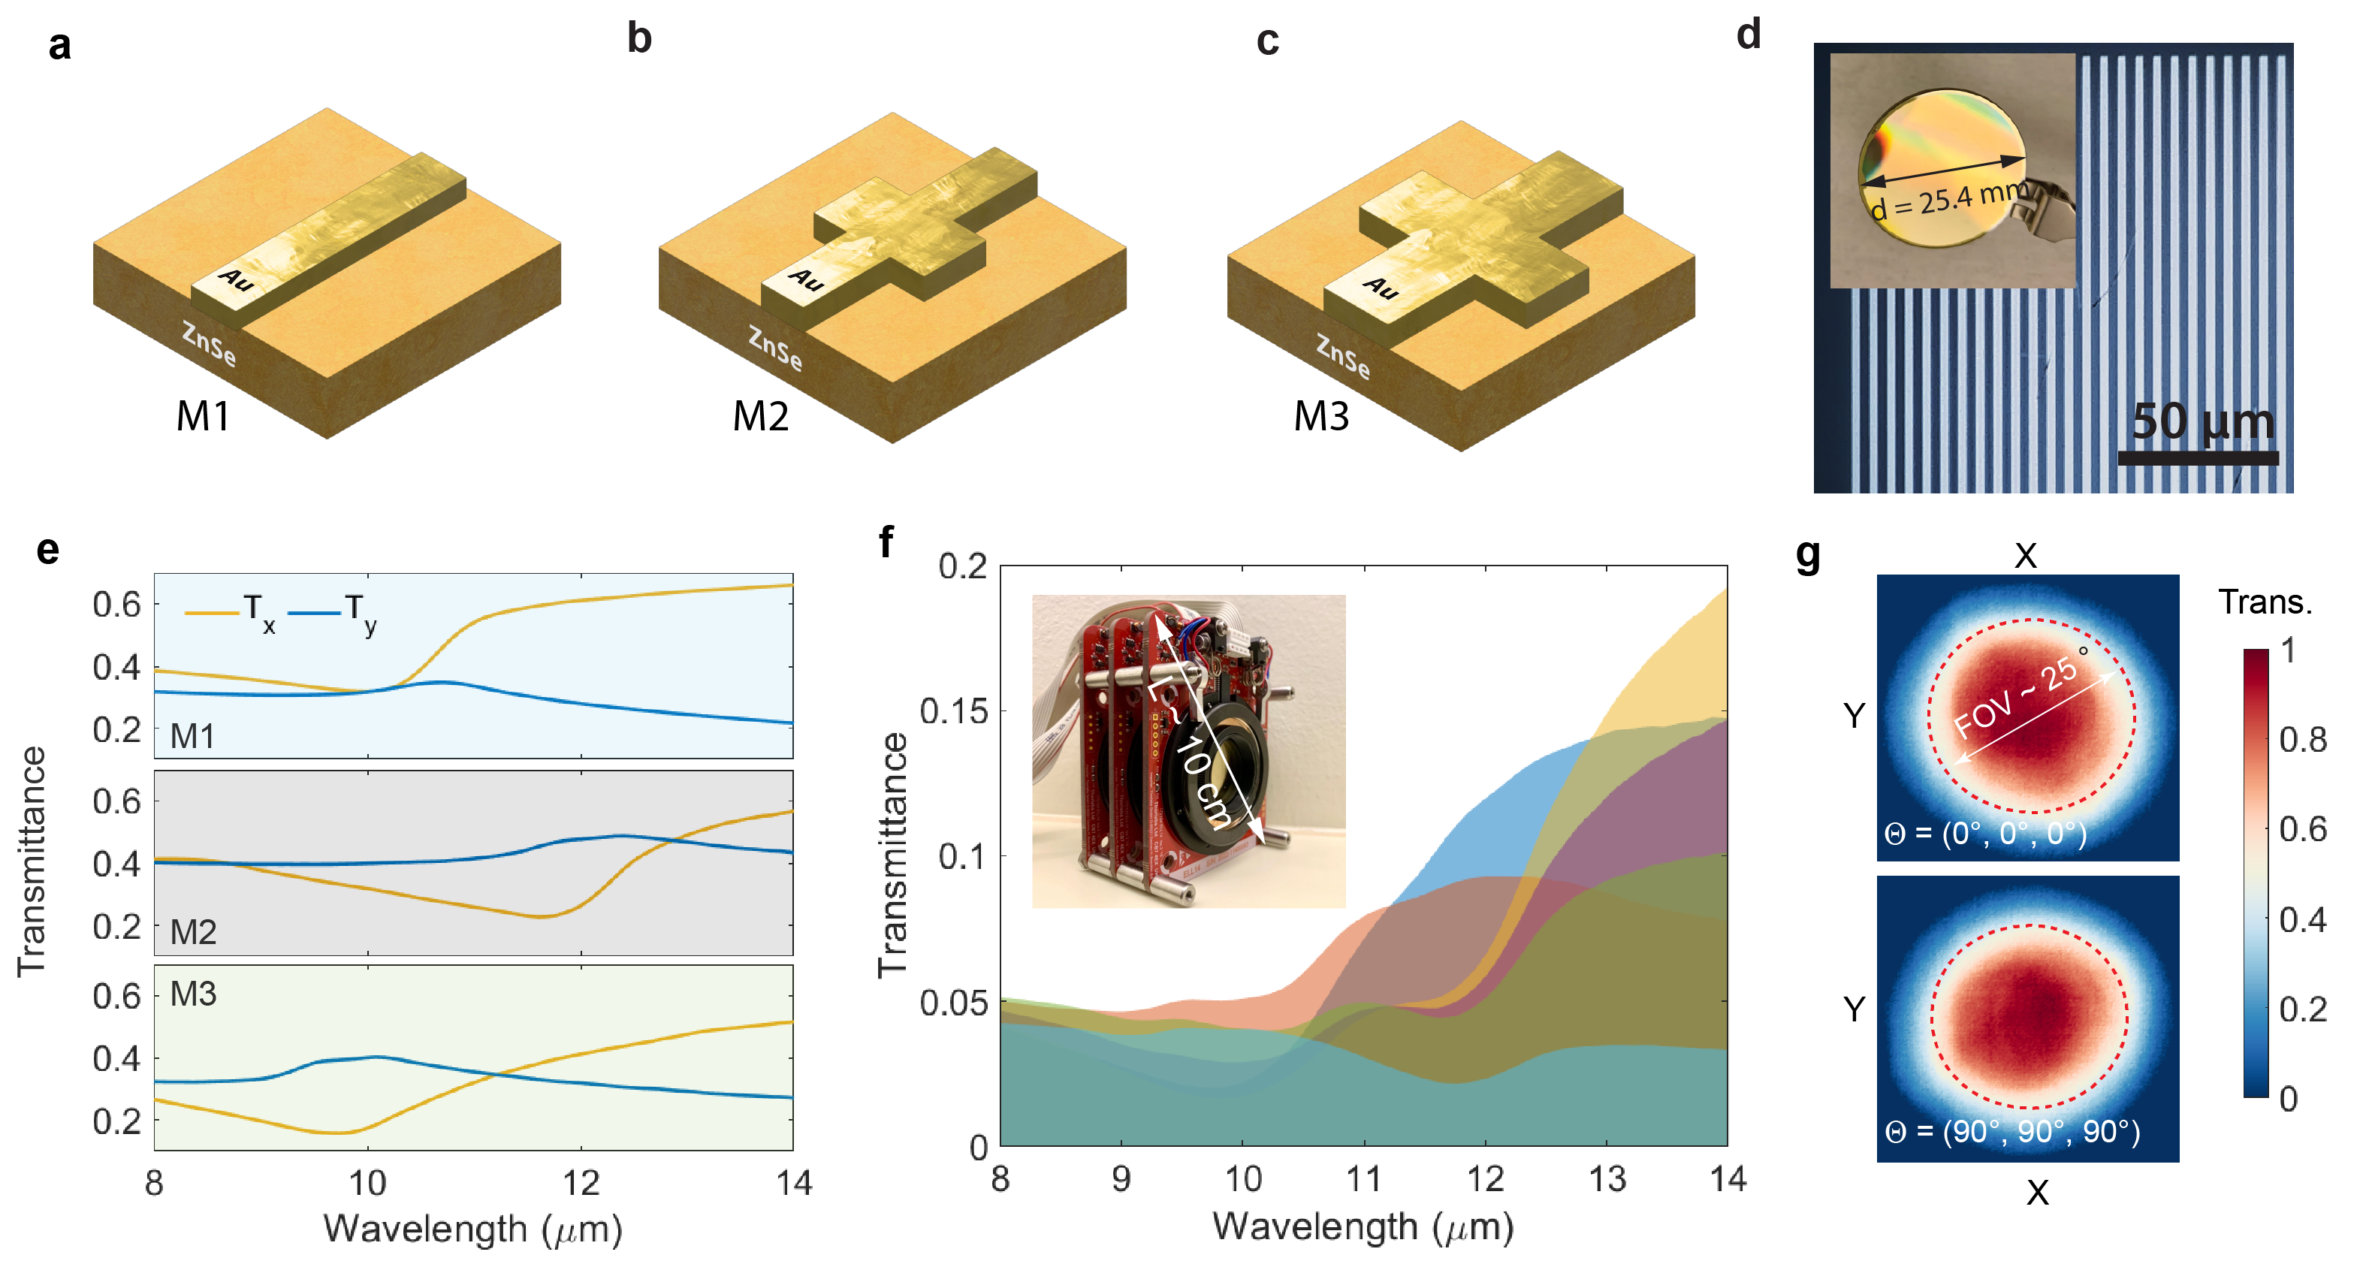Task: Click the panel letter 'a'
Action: (x=59, y=45)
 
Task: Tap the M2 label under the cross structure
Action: (x=760, y=417)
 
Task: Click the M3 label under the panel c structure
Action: (x=1321, y=417)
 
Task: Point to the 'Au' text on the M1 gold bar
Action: (x=235, y=279)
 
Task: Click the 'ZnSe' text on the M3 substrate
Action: (x=1343, y=355)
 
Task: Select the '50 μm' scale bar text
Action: (x=2202, y=421)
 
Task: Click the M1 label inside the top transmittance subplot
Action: (x=192, y=736)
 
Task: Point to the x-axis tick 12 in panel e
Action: (x=581, y=1183)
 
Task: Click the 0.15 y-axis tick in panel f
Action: (x=953, y=711)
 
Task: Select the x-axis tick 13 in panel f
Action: (x=1606, y=1179)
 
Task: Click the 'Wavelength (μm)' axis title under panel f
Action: (x=1363, y=1226)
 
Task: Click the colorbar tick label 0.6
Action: (x=2302, y=829)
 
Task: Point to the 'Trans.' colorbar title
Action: (x=2265, y=602)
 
